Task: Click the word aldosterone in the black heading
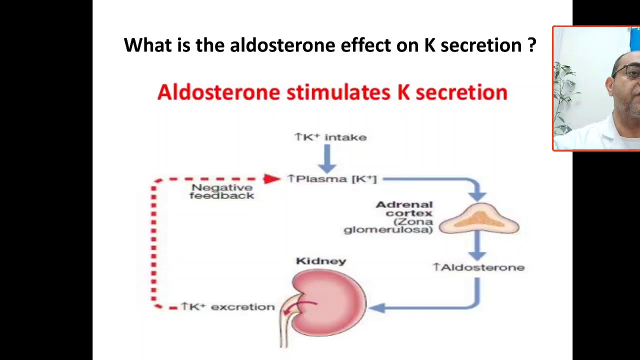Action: (282, 45)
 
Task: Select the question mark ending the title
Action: (531, 45)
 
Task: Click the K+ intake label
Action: (330, 137)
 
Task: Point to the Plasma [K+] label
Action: (332, 179)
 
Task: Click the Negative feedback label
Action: (222, 191)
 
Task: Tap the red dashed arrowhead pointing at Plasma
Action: (273, 178)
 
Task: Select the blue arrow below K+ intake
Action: (327, 158)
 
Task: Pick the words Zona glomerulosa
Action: (389, 225)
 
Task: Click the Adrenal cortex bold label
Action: (405, 208)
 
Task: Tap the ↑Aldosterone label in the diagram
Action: (478, 267)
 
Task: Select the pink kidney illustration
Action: (330, 302)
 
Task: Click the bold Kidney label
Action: (321, 261)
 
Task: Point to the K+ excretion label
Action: (228, 307)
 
